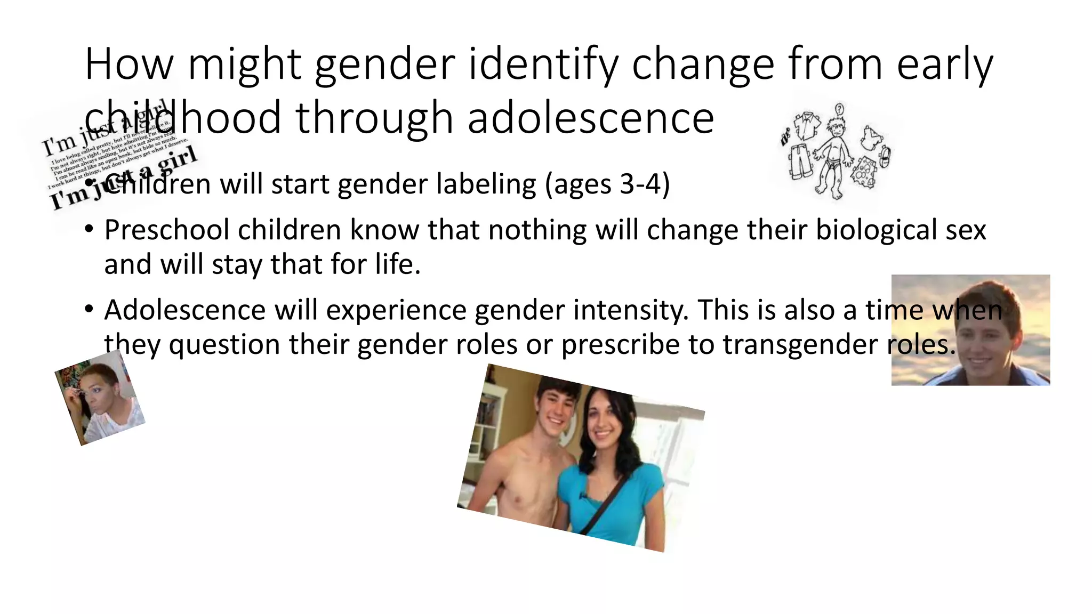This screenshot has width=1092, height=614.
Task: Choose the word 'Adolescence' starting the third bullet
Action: point(184,310)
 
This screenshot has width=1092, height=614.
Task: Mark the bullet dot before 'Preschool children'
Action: point(89,230)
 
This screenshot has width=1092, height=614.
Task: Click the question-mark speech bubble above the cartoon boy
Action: point(840,109)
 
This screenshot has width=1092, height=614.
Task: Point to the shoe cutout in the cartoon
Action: point(884,156)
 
